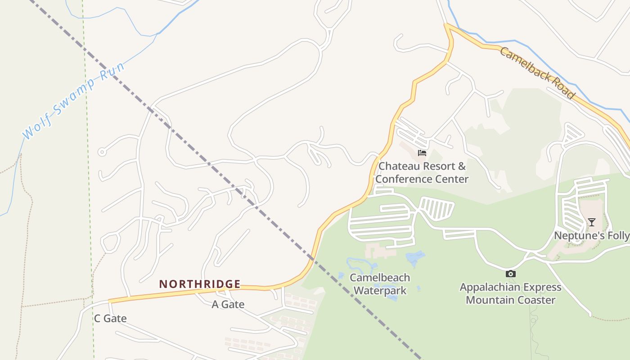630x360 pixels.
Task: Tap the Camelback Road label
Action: click(x=537, y=73)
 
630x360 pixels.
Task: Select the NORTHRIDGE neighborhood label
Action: click(x=200, y=284)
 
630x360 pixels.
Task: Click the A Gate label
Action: click(x=228, y=305)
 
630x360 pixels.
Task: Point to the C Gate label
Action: click(x=110, y=319)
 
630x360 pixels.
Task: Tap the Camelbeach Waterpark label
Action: click(x=380, y=284)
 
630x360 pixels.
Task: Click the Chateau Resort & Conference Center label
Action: click(x=422, y=172)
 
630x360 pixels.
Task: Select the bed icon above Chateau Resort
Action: click(x=422, y=153)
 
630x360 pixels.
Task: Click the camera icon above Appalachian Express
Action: click(x=510, y=274)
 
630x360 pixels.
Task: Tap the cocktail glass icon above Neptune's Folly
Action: click(x=591, y=222)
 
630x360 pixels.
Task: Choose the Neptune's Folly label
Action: click(x=591, y=235)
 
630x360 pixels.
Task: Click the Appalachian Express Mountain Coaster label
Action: click(x=510, y=293)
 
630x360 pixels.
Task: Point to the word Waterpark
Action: click(x=380, y=291)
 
